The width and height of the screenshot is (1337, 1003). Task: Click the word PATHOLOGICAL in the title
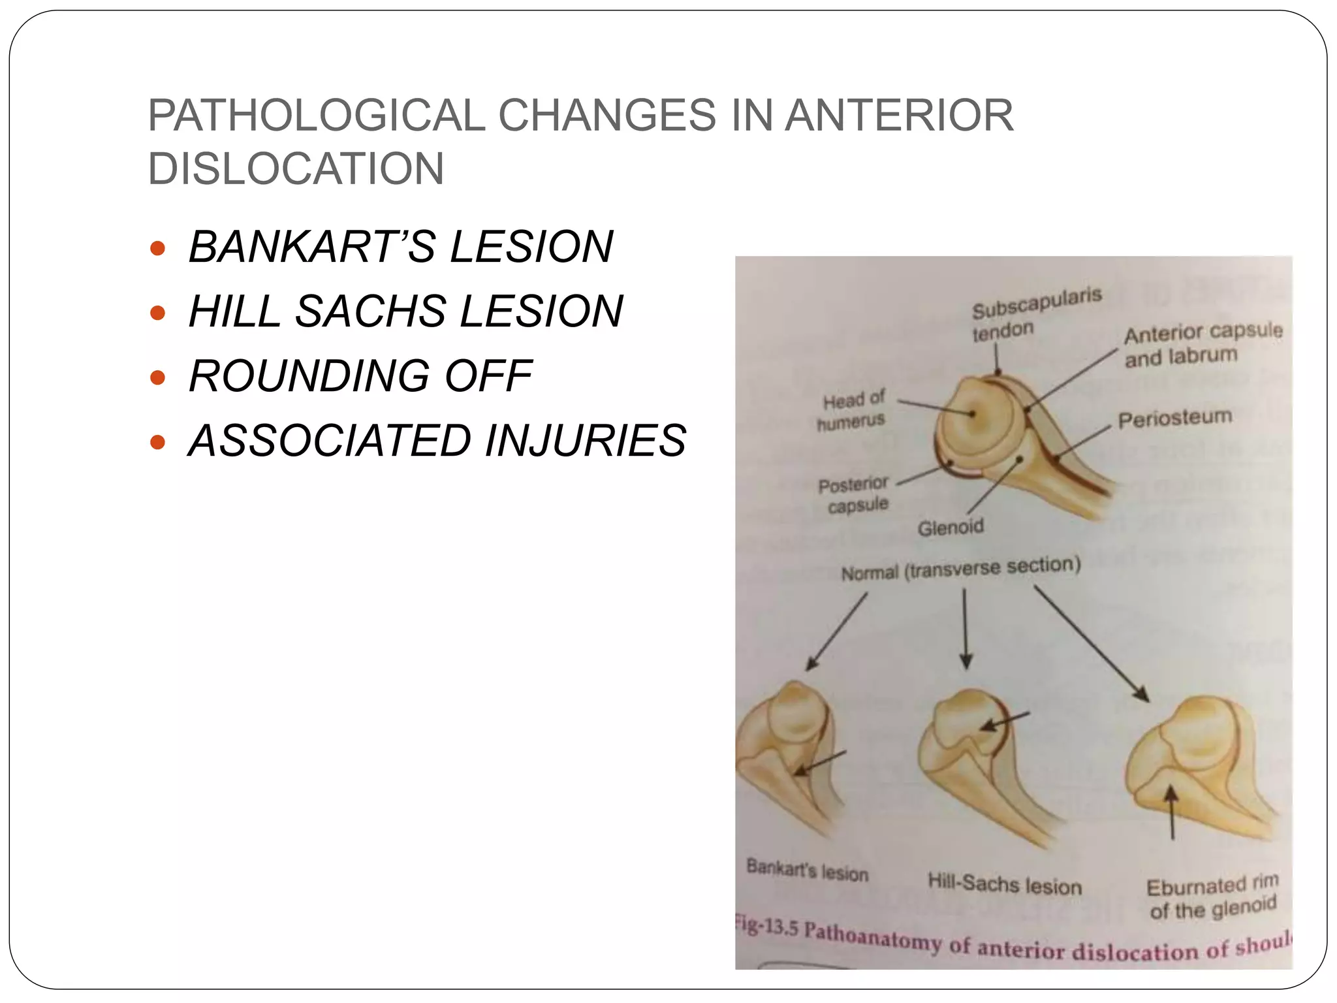tap(316, 116)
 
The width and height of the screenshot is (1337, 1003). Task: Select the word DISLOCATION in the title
tap(296, 168)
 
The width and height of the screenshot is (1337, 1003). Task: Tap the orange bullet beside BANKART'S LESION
tap(157, 248)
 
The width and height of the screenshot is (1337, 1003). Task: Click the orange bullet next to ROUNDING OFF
tap(157, 377)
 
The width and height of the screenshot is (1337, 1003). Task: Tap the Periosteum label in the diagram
tap(1174, 419)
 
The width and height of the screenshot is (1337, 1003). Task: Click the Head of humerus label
tap(853, 410)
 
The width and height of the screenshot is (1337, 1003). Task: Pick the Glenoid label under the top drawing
tap(950, 526)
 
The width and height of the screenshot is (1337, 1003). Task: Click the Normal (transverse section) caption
tap(961, 568)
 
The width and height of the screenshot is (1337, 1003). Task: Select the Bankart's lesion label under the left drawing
tap(807, 870)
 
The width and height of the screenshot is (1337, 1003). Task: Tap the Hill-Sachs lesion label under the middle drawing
tap(1005, 884)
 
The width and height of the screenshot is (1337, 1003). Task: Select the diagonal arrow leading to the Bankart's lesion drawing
tap(838, 631)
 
